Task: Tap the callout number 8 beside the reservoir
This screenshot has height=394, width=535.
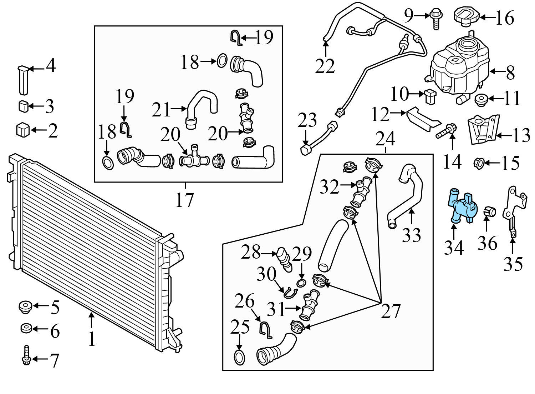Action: tap(510, 73)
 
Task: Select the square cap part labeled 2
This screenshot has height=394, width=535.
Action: tap(23, 130)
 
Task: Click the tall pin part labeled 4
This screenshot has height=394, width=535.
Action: tap(23, 80)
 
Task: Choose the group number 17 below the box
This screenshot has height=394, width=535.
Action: tap(184, 200)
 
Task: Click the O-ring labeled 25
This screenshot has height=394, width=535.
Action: tap(239, 358)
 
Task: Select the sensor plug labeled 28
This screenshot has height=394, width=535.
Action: tap(284, 259)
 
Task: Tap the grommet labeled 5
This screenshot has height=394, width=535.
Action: tap(25, 307)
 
